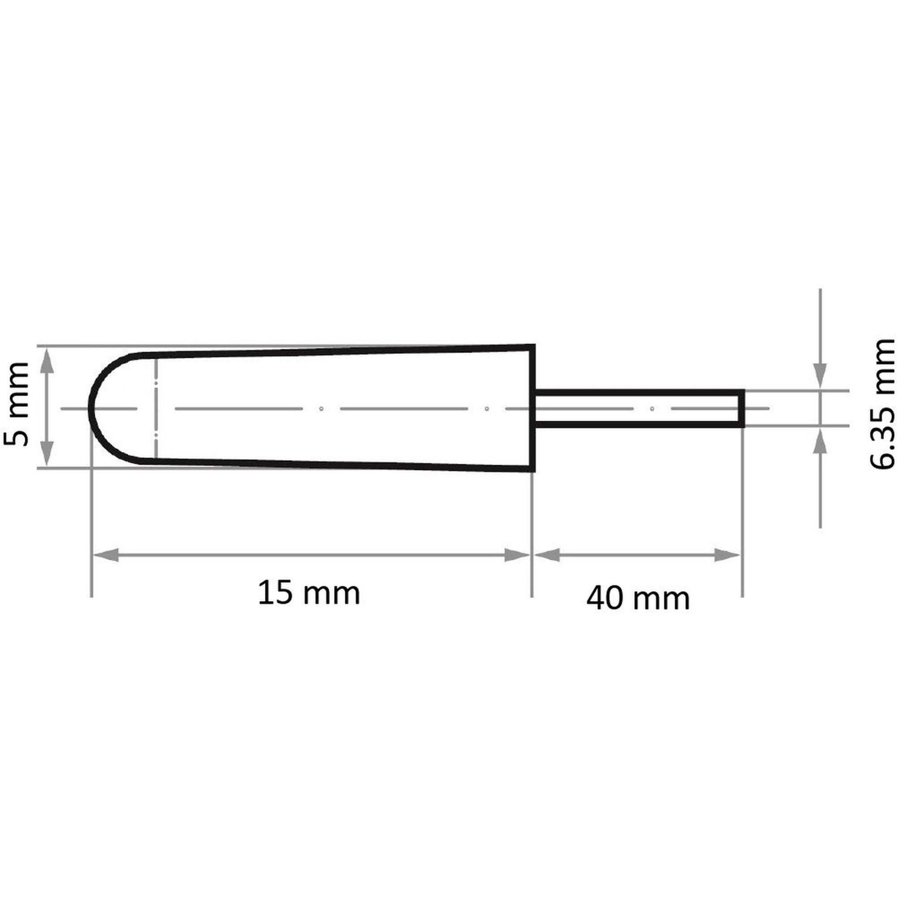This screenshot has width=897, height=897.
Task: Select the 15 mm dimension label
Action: (x=309, y=593)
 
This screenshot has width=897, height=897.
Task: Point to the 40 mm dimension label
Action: (x=638, y=598)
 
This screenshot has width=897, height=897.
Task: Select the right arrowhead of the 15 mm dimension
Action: (x=517, y=555)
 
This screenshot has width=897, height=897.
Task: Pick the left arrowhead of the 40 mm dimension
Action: (x=546, y=555)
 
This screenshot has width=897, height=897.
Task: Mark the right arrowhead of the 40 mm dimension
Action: (x=727, y=555)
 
